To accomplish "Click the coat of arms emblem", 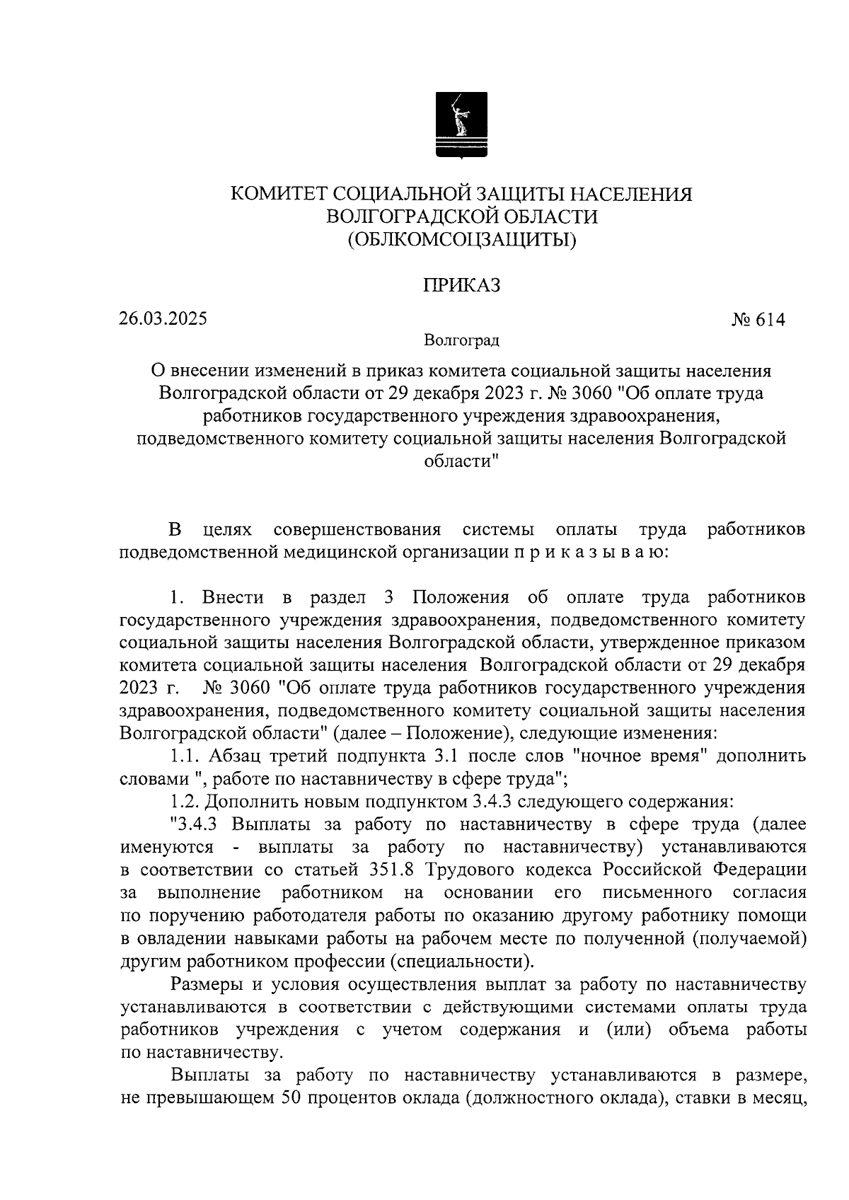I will tap(461, 125).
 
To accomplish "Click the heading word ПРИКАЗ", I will tap(461, 285).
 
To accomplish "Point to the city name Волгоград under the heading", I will tap(461, 340).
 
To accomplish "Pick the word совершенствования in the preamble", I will tap(357, 529).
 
